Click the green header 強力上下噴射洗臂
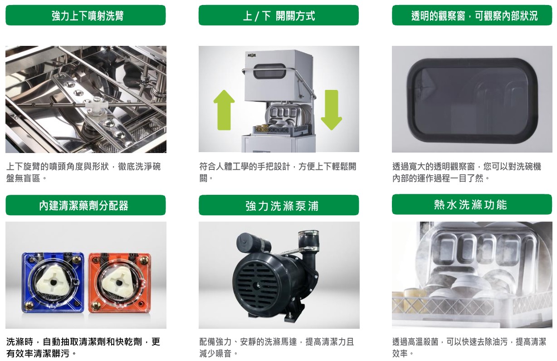[86, 15]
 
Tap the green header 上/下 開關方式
[278, 15]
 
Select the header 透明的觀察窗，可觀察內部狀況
[472, 15]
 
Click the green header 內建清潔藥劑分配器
[86, 205]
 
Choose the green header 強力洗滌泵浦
[278, 205]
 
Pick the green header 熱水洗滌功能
[472, 204]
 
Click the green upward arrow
[224, 110]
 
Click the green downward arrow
[332, 110]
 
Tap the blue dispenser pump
[53, 282]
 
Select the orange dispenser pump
[120, 282]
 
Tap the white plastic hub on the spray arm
[96, 107]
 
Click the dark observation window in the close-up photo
[472, 100]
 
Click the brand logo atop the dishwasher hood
[252, 55]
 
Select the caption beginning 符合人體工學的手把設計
[278, 172]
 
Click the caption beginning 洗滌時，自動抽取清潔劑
[83, 347]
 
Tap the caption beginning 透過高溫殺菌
[469, 347]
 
